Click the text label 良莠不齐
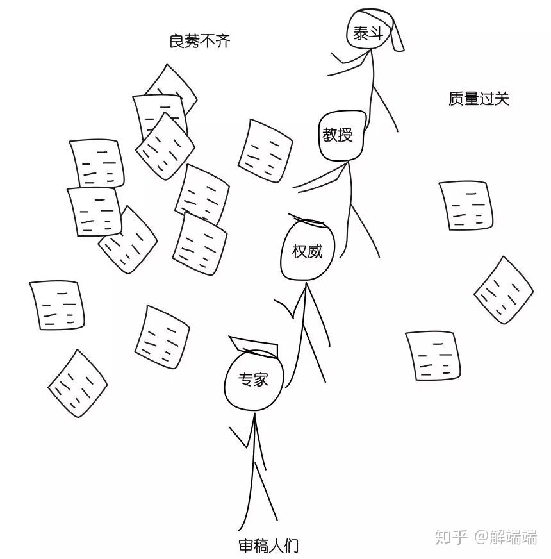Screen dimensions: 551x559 199,42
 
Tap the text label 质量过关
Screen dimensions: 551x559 479,99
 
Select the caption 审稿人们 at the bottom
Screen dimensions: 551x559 268,546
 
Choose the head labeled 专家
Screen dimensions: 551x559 254,380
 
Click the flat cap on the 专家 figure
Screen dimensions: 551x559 253,346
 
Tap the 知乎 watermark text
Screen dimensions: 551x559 451,537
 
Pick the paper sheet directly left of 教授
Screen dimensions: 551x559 265,151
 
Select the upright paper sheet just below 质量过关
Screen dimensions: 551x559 466,205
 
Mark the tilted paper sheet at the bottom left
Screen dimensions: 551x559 78,383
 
